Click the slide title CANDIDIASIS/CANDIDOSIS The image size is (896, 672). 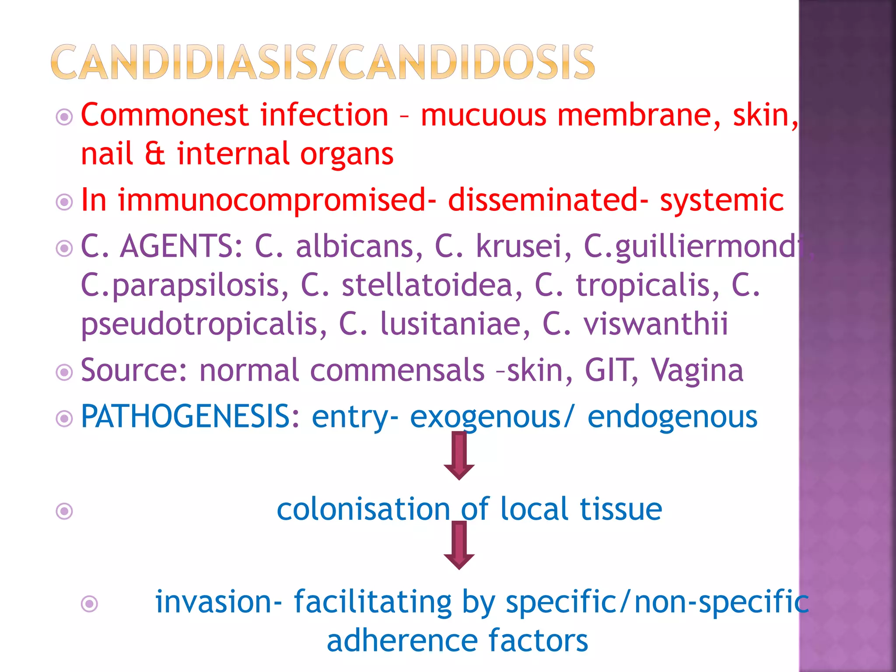coord(323,62)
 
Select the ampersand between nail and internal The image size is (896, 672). coord(154,154)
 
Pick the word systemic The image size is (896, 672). coord(721,200)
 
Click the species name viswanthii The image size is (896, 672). coord(656,324)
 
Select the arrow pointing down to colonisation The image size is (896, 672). coord(459,455)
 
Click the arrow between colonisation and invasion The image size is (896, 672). coord(459,546)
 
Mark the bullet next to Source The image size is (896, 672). coord(64,373)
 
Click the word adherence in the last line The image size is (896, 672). coord(402,641)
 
